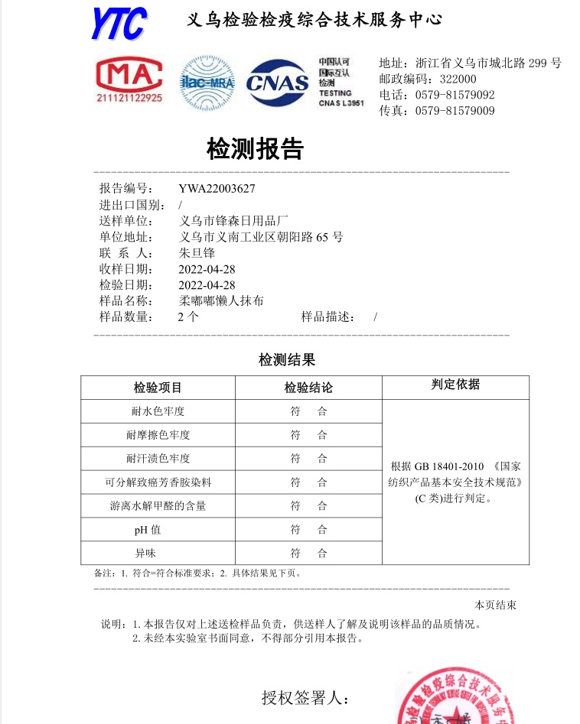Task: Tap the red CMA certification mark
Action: pyautogui.click(x=129, y=82)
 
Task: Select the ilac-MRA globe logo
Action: pyautogui.click(x=207, y=83)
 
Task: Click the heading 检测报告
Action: pyautogui.click(x=255, y=149)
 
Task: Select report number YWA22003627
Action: pyautogui.click(x=217, y=189)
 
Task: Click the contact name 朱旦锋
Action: pyautogui.click(x=197, y=253)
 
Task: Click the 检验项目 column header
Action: pyautogui.click(x=158, y=388)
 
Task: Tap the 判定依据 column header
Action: pyautogui.click(x=455, y=385)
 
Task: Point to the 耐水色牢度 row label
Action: pyautogui.click(x=158, y=411)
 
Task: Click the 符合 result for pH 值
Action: pyautogui.click(x=308, y=529)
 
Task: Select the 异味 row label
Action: pyautogui.click(x=158, y=553)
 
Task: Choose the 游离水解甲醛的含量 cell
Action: pyautogui.click(x=158, y=505)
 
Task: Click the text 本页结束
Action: pyautogui.click(x=495, y=605)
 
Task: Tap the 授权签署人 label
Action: pyautogui.click(x=305, y=697)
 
